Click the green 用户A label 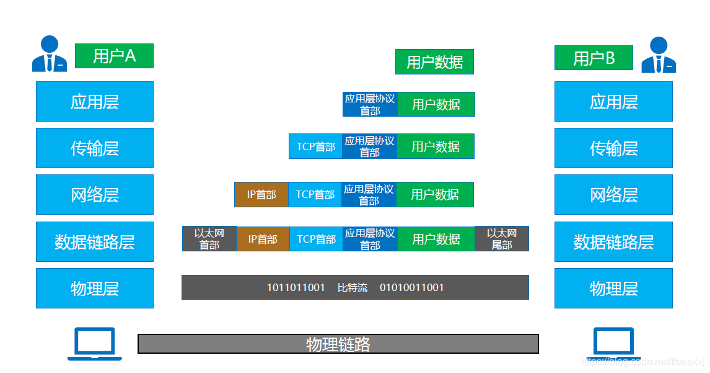click(114, 56)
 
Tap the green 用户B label click(594, 58)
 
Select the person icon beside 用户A click(50, 54)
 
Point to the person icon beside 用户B click(659, 55)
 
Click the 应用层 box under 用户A click(95, 101)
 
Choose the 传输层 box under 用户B click(613, 148)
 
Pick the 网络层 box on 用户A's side click(95, 194)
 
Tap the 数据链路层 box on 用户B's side click(613, 241)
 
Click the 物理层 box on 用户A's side click(95, 288)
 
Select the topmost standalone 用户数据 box click(434, 62)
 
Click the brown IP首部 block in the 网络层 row click(261, 194)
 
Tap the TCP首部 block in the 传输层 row click(315, 146)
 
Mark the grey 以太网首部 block click(209, 239)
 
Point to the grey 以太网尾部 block click(502, 239)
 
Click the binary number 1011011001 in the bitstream click(296, 287)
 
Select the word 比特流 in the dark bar click(352, 287)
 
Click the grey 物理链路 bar click(338, 344)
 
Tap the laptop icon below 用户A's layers click(95, 343)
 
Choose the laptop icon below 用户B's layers click(613, 343)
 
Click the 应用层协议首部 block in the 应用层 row click(370, 104)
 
